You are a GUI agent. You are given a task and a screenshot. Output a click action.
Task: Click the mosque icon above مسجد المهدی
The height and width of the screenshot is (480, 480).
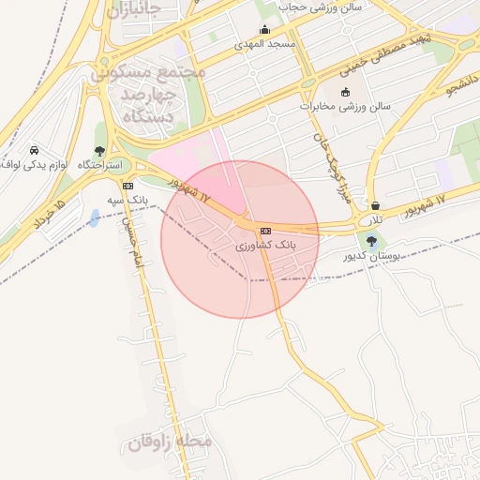265,30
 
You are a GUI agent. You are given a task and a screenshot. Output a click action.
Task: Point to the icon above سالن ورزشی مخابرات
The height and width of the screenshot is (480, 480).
346,92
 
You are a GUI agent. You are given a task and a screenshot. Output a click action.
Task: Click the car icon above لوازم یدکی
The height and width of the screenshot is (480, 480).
35,150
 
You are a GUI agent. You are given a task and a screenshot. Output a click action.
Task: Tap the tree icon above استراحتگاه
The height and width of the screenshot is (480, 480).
100,151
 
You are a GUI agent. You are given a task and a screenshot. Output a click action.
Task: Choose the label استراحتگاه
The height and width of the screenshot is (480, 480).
98,165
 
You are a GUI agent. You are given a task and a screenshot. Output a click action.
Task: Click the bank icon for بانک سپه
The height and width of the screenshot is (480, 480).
127,186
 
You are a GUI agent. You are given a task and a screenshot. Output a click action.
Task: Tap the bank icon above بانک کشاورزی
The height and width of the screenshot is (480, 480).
265,231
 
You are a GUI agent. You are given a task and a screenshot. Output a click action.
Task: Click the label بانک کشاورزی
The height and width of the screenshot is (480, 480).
265,245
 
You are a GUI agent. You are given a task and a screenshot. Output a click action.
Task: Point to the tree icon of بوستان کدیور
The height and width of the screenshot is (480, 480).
372,241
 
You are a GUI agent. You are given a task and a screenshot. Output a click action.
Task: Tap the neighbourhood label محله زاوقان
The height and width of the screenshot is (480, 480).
170,440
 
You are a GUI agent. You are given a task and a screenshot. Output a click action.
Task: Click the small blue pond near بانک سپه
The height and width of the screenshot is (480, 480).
94,218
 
